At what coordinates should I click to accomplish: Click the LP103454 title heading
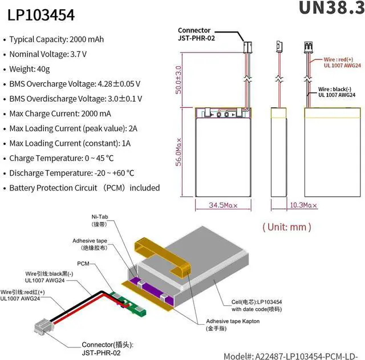[x=40, y=15]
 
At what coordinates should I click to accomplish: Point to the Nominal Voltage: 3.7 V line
[x=48, y=54]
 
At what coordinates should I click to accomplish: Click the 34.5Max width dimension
[x=223, y=204]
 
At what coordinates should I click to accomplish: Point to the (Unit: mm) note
[x=287, y=226]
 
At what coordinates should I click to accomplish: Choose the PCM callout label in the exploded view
[x=84, y=263]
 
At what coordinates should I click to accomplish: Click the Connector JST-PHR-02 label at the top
[x=197, y=35]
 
